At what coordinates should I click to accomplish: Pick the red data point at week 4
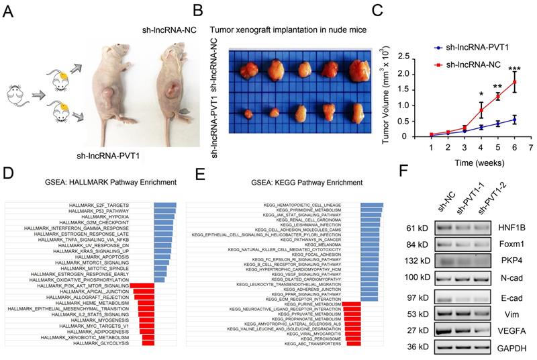click(462, 109)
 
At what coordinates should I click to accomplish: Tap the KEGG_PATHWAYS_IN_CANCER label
click(318, 238)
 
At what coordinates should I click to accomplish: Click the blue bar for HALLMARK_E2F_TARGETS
click(164, 205)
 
